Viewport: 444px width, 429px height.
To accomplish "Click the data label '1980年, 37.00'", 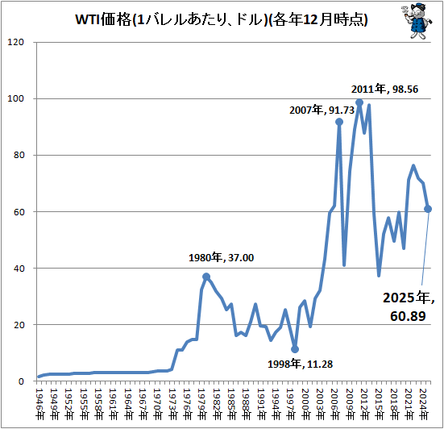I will click(x=221, y=258).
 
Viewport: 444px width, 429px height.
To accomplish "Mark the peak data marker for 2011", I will click(x=359, y=102).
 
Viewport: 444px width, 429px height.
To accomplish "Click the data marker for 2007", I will click(x=339, y=122).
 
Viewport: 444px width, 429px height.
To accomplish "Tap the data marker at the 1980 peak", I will click(x=206, y=277).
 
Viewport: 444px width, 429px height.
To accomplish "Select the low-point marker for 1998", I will click(x=295, y=349).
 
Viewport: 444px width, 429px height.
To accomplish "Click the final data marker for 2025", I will click(x=428, y=209).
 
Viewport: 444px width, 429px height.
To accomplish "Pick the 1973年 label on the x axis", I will click(x=172, y=401).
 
